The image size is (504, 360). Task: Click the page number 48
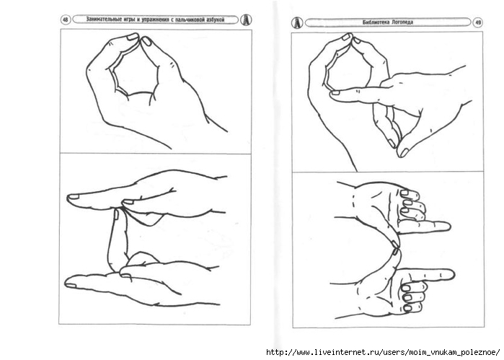tap(65, 20)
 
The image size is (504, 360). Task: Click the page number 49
tap(477, 22)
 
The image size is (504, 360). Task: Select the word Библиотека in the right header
tap(374, 22)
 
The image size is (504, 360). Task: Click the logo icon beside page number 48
tap(246, 20)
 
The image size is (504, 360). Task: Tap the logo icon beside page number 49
tap(297, 22)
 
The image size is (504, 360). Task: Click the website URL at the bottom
tap(383, 351)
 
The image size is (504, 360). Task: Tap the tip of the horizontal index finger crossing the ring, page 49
tap(333, 94)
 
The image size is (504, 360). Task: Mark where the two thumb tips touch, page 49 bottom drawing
tap(396, 248)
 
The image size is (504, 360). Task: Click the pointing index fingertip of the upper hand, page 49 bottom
tap(448, 227)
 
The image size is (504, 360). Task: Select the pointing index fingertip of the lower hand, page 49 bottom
tap(451, 275)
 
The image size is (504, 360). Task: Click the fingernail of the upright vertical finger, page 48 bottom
tap(116, 214)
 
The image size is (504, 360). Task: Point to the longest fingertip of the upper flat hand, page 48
tap(71, 198)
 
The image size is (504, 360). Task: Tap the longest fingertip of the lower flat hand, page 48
tap(68, 284)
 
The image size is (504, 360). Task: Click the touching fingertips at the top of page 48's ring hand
tap(140, 38)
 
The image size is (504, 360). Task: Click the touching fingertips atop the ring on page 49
tap(351, 38)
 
